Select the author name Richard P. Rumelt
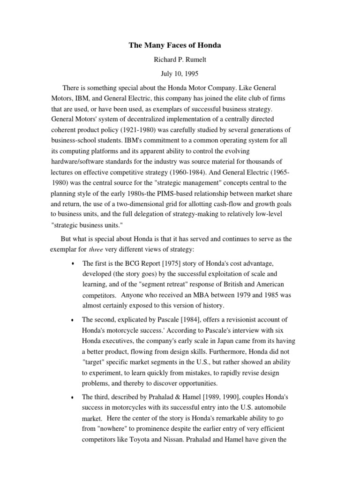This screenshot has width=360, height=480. coord(180,60)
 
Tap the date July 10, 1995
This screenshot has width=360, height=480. coord(180,75)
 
